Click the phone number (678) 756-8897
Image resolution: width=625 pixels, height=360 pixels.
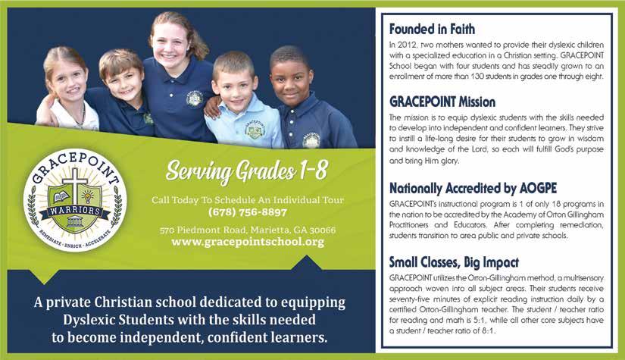click(x=247, y=212)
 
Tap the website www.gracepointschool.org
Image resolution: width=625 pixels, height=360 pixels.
click(x=248, y=242)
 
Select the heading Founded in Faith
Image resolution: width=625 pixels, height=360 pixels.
click(x=432, y=30)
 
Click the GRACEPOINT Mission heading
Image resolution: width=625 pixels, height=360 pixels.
click(x=442, y=102)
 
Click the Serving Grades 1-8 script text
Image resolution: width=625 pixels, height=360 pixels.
click(x=247, y=171)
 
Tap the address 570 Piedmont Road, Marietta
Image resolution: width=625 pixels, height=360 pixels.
click(x=248, y=230)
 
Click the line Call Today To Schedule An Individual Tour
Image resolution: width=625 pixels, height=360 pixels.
click(x=247, y=199)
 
